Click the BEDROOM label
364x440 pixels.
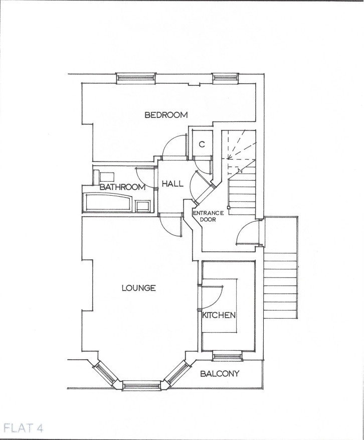tap(166, 115)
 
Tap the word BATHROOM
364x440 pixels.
tap(122, 187)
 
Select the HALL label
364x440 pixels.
tap(172, 184)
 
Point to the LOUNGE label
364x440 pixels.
tap(138, 288)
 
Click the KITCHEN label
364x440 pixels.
tap(219, 316)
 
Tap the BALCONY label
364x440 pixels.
tap(220, 374)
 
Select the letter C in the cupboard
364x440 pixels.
tap(202, 144)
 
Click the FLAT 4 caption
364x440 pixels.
tap(23, 428)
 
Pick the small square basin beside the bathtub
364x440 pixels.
tap(143, 205)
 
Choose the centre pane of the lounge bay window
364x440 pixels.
tap(141, 385)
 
